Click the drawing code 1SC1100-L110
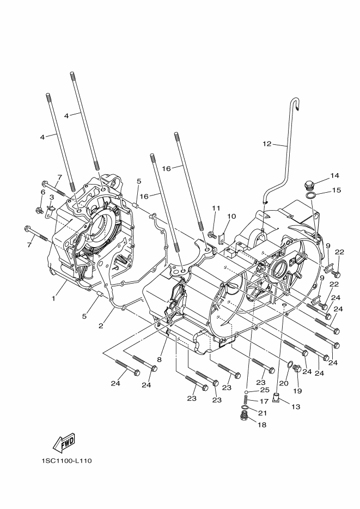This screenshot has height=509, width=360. [x=66, y=461]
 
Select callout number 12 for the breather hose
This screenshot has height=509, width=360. [x=266, y=144]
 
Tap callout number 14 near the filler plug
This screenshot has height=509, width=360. [x=334, y=175]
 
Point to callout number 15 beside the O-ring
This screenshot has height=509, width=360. [x=336, y=190]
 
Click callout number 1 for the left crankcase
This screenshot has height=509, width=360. [x=54, y=298]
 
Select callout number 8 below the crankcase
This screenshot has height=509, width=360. [x=159, y=359]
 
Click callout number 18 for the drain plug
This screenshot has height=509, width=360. [x=262, y=425]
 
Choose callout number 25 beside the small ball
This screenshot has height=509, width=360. [x=265, y=390]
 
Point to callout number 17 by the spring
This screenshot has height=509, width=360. [x=264, y=401]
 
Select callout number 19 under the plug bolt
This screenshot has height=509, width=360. [x=297, y=391]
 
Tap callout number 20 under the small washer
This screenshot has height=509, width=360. [x=284, y=383]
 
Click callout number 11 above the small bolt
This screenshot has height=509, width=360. [x=216, y=208]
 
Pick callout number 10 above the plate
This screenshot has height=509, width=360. [x=231, y=216]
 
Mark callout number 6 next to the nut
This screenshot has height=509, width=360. [x=42, y=192]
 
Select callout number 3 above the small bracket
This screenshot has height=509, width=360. [x=51, y=197]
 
